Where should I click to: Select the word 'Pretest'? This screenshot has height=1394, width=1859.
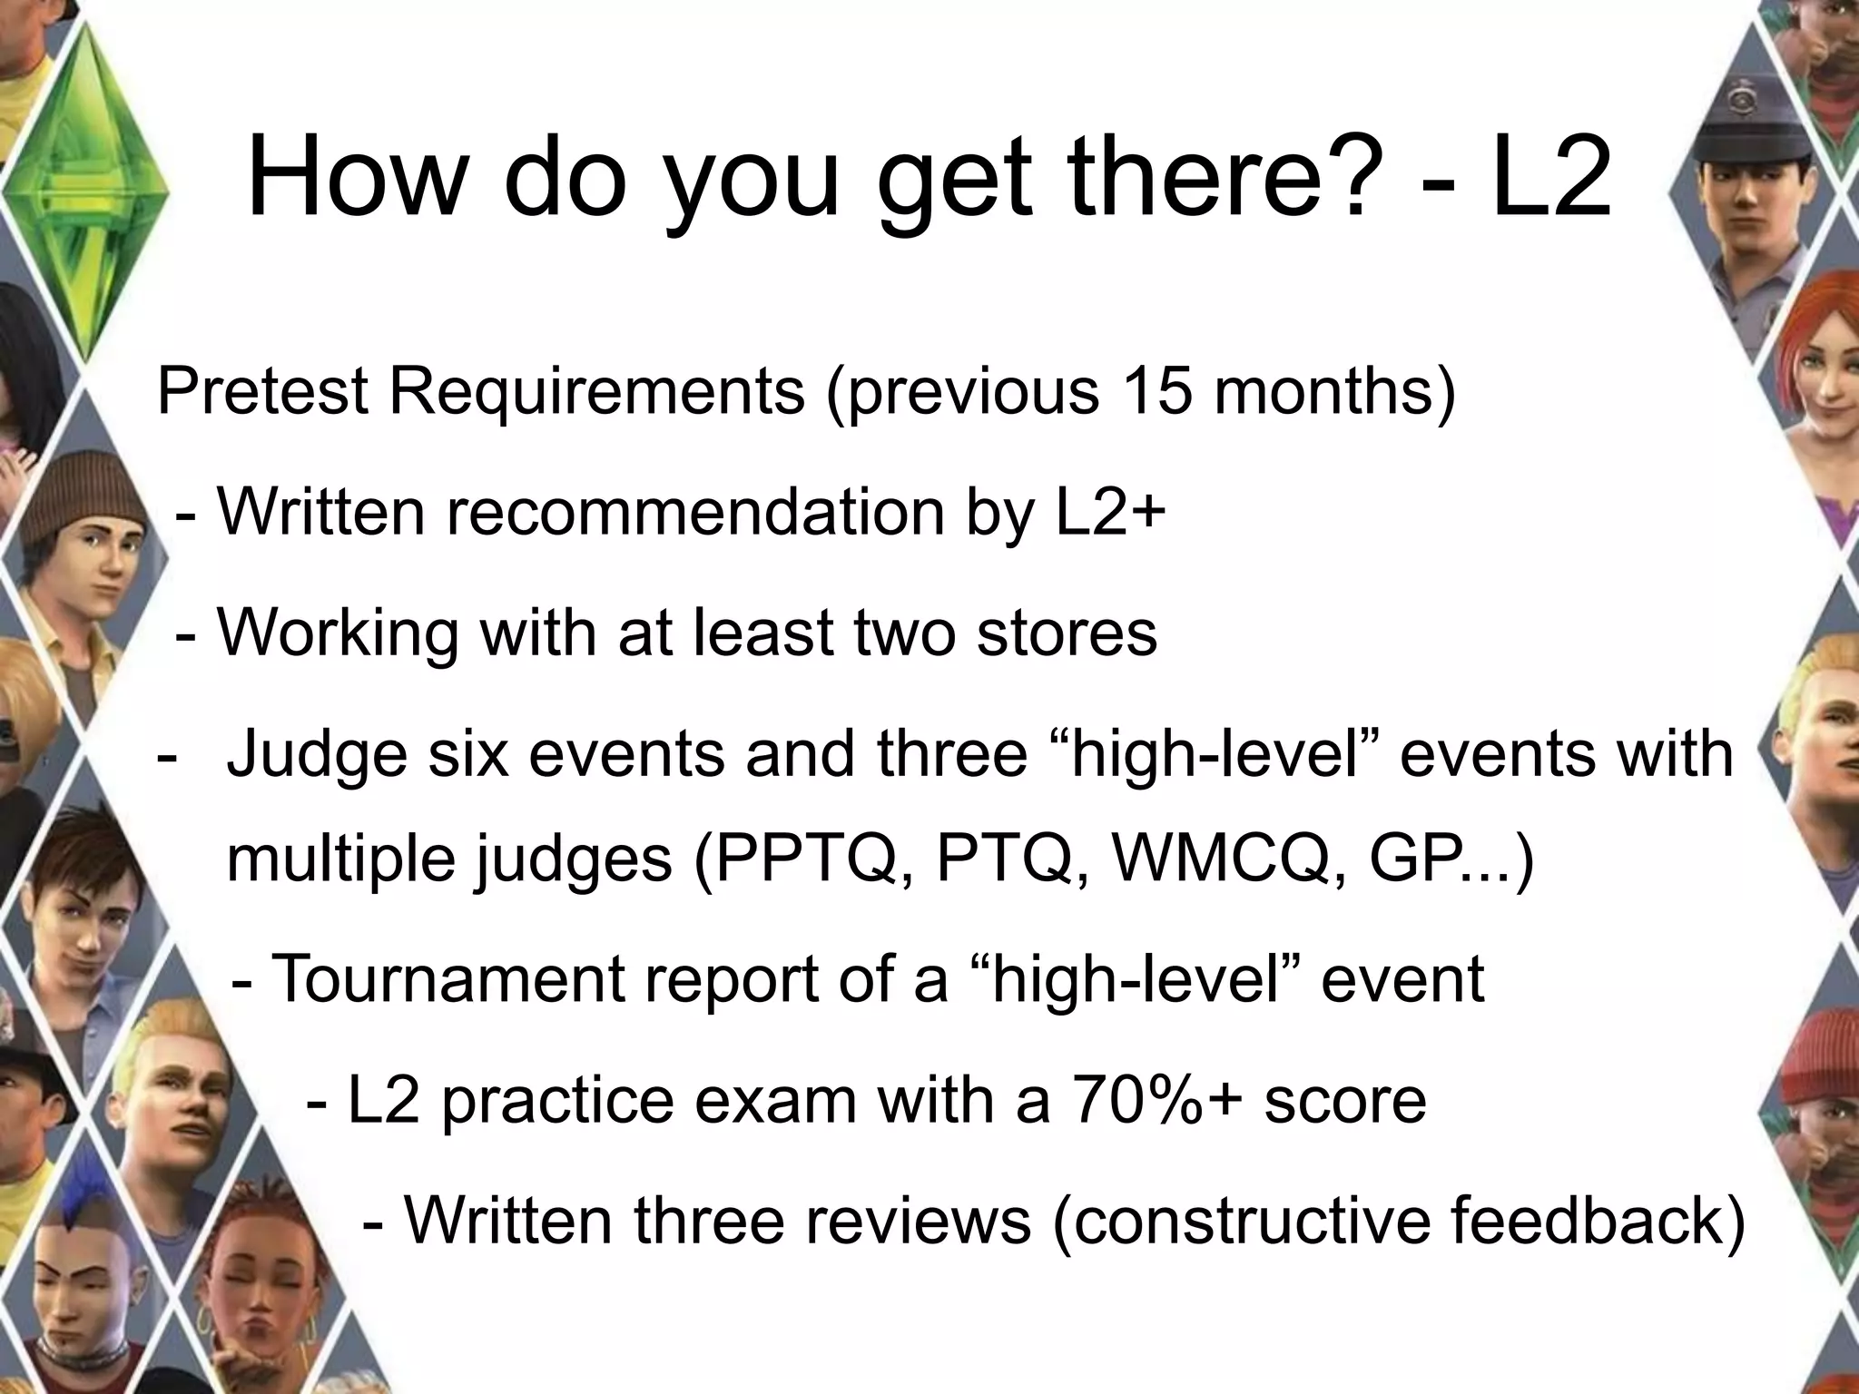pos(263,391)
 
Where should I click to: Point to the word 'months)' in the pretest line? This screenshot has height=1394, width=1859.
pos(1334,391)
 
